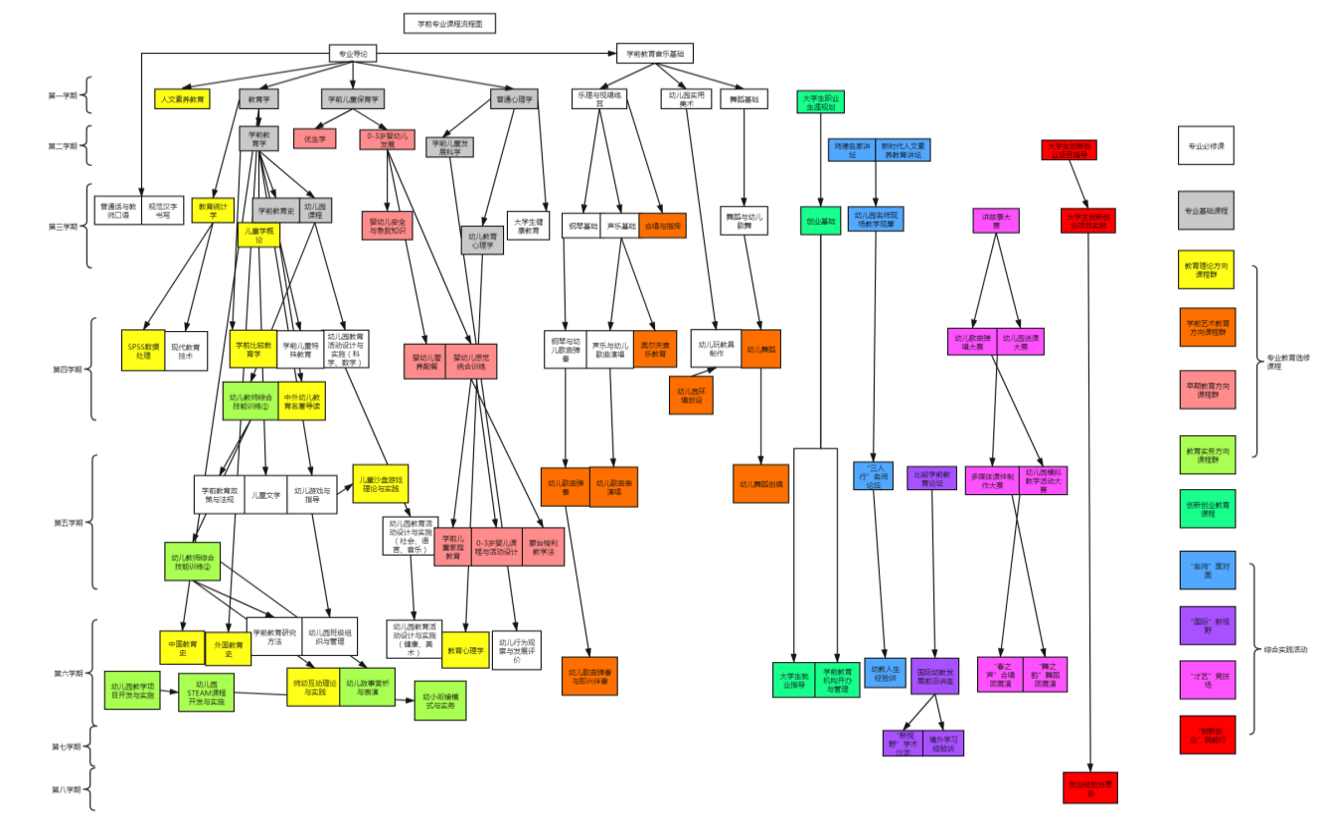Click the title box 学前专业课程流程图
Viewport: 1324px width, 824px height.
(449, 24)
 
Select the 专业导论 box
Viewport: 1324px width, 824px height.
(353, 53)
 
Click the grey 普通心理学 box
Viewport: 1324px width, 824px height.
(513, 99)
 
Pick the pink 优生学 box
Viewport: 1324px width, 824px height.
(315, 139)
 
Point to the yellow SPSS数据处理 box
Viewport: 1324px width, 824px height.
(143, 350)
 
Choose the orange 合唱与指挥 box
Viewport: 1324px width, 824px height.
(662, 227)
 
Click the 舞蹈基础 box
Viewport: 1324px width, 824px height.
(744, 99)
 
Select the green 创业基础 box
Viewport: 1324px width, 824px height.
(820, 220)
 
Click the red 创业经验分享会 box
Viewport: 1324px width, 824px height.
(1089, 786)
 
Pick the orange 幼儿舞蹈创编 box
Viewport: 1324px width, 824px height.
(760, 484)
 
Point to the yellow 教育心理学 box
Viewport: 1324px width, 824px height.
(465, 650)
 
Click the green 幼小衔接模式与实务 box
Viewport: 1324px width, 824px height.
(439, 700)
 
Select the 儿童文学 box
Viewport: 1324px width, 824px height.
(263, 494)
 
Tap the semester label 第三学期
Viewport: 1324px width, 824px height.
(67, 227)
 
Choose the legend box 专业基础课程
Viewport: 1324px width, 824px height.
(1206, 211)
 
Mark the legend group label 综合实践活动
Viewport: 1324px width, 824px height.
(1285, 649)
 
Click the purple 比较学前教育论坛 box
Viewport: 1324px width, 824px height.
(931, 478)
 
